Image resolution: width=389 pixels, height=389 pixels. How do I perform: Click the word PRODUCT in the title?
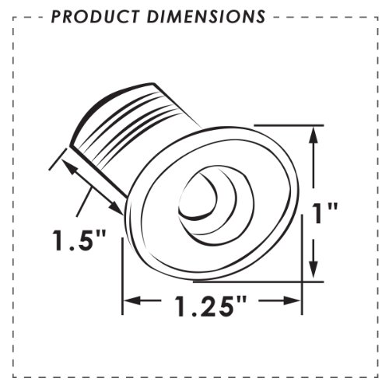(95, 16)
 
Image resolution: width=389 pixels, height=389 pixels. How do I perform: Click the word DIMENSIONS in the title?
(206, 16)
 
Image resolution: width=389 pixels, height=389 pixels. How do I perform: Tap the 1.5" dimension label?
(79, 240)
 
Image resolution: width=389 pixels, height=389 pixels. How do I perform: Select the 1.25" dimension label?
(211, 306)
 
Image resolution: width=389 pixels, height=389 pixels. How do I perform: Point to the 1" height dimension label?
(325, 213)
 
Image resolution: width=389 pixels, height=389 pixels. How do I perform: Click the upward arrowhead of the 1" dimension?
(314, 135)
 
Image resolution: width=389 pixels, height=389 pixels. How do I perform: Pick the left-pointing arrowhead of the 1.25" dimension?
(132, 301)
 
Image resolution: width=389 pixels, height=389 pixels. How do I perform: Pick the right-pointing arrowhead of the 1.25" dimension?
(292, 301)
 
